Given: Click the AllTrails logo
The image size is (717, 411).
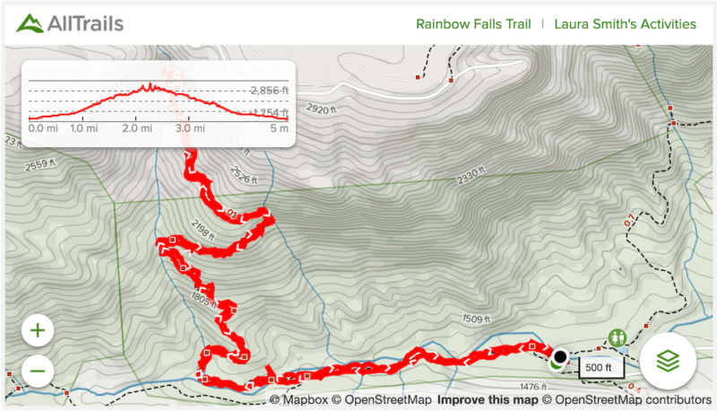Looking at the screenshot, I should click(70, 23).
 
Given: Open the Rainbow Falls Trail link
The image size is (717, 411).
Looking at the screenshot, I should click(474, 24).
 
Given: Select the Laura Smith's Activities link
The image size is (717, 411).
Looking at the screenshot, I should click(625, 24).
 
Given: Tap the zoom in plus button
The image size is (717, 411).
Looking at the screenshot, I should click(38, 330).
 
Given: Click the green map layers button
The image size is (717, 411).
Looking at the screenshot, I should click(669, 361).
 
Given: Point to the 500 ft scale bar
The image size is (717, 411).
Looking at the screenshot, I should click(593, 367).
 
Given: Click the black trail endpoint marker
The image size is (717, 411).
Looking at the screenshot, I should click(560, 355).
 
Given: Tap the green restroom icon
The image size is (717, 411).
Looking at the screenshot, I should click(617, 337).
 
